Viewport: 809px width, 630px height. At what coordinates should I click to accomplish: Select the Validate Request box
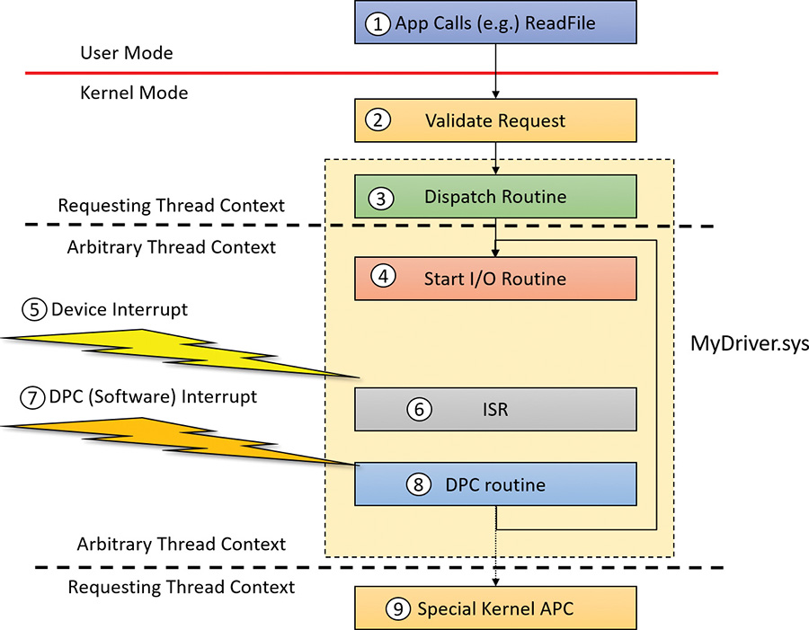coord(495,120)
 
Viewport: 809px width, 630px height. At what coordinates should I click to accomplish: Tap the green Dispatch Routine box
coord(495,197)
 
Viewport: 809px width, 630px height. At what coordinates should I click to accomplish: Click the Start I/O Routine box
coord(495,279)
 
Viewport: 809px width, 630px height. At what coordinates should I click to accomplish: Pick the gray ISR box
coord(495,410)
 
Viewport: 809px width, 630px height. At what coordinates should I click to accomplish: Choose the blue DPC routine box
coord(495,484)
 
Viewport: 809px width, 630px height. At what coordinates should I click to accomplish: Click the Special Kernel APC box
coord(495,608)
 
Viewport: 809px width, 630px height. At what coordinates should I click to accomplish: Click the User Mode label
coord(126,54)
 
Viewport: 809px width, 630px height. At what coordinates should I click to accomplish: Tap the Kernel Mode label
coord(134,93)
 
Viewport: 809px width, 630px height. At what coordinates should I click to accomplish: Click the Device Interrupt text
coord(120,310)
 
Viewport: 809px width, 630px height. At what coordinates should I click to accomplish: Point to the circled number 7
coord(33,397)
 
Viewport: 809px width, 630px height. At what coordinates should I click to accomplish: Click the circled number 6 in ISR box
coord(418,410)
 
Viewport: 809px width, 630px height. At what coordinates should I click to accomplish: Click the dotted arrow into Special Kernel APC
coord(495,557)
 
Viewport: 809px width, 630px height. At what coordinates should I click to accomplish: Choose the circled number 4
coord(384,278)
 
